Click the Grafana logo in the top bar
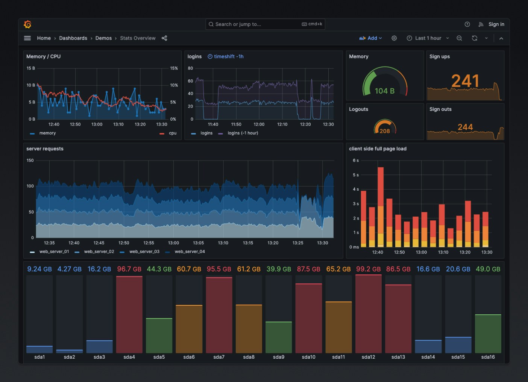(27, 24)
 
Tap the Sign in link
(496, 24)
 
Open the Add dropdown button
(371, 38)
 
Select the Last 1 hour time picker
(428, 38)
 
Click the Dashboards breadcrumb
(73, 38)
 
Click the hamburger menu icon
(27, 38)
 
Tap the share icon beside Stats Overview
(164, 38)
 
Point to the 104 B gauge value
(384, 91)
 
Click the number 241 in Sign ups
(465, 81)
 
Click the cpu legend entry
(172, 133)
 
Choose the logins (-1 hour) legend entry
(243, 133)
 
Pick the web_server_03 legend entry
(144, 252)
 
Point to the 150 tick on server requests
(30, 161)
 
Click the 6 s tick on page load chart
(355, 161)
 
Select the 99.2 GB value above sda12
(368, 269)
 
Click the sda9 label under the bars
(279, 357)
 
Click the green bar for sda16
(488, 333)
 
